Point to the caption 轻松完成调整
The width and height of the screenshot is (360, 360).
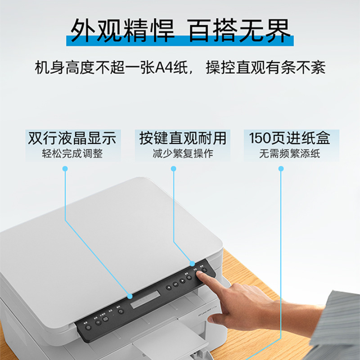click(x=72, y=153)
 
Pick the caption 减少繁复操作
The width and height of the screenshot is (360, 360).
click(x=182, y=153)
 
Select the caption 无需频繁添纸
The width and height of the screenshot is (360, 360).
click(x=290, y=153)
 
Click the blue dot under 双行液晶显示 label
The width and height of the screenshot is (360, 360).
click(x=65, y=168)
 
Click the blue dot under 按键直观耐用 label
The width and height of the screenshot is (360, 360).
click(x=174, y=168)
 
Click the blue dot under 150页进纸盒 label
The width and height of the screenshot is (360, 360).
click(x=281, y=168)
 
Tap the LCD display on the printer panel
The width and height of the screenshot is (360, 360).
click(x=145, y=299)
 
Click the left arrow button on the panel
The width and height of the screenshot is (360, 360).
click(x=169, y=286)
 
